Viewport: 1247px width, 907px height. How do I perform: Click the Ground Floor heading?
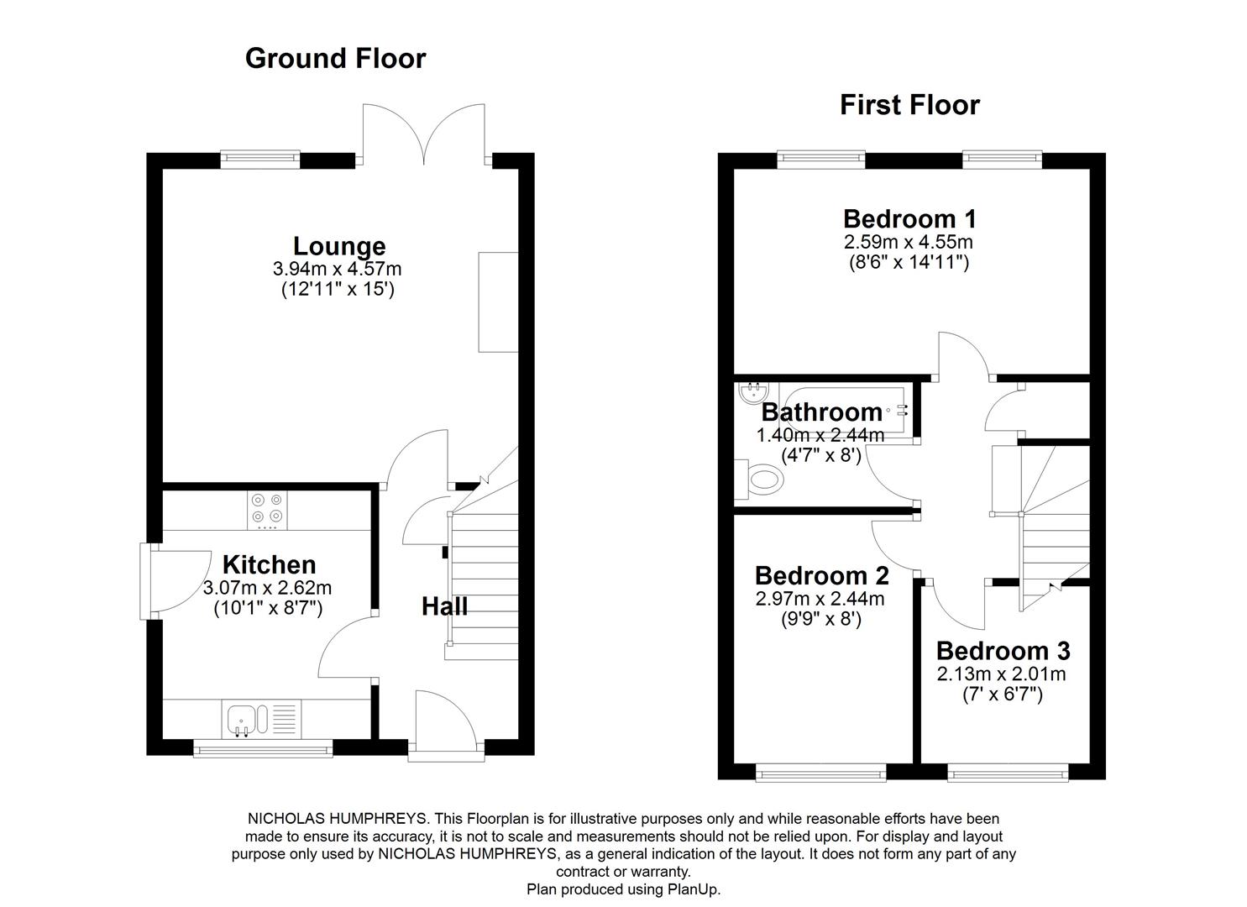point(335,58)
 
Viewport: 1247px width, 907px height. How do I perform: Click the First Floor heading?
point(909,105)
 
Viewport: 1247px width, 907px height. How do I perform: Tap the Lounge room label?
point(339,246)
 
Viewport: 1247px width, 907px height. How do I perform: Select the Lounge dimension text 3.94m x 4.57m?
point(337,269)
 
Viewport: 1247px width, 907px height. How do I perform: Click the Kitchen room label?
point(269,564)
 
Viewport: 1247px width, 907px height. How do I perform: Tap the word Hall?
point(444,606)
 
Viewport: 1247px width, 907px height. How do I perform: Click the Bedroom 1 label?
point(909,218)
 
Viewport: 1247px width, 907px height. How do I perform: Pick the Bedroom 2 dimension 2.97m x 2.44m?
point(820,599)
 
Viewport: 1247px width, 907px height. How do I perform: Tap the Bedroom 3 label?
point(1003,651)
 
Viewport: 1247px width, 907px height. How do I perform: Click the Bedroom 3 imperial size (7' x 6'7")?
point(1002,695)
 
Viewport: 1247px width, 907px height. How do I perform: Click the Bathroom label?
point(821,412)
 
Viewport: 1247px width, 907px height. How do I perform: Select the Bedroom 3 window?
point(1008,773)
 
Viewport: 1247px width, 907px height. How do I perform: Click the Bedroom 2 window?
point(820,773)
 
